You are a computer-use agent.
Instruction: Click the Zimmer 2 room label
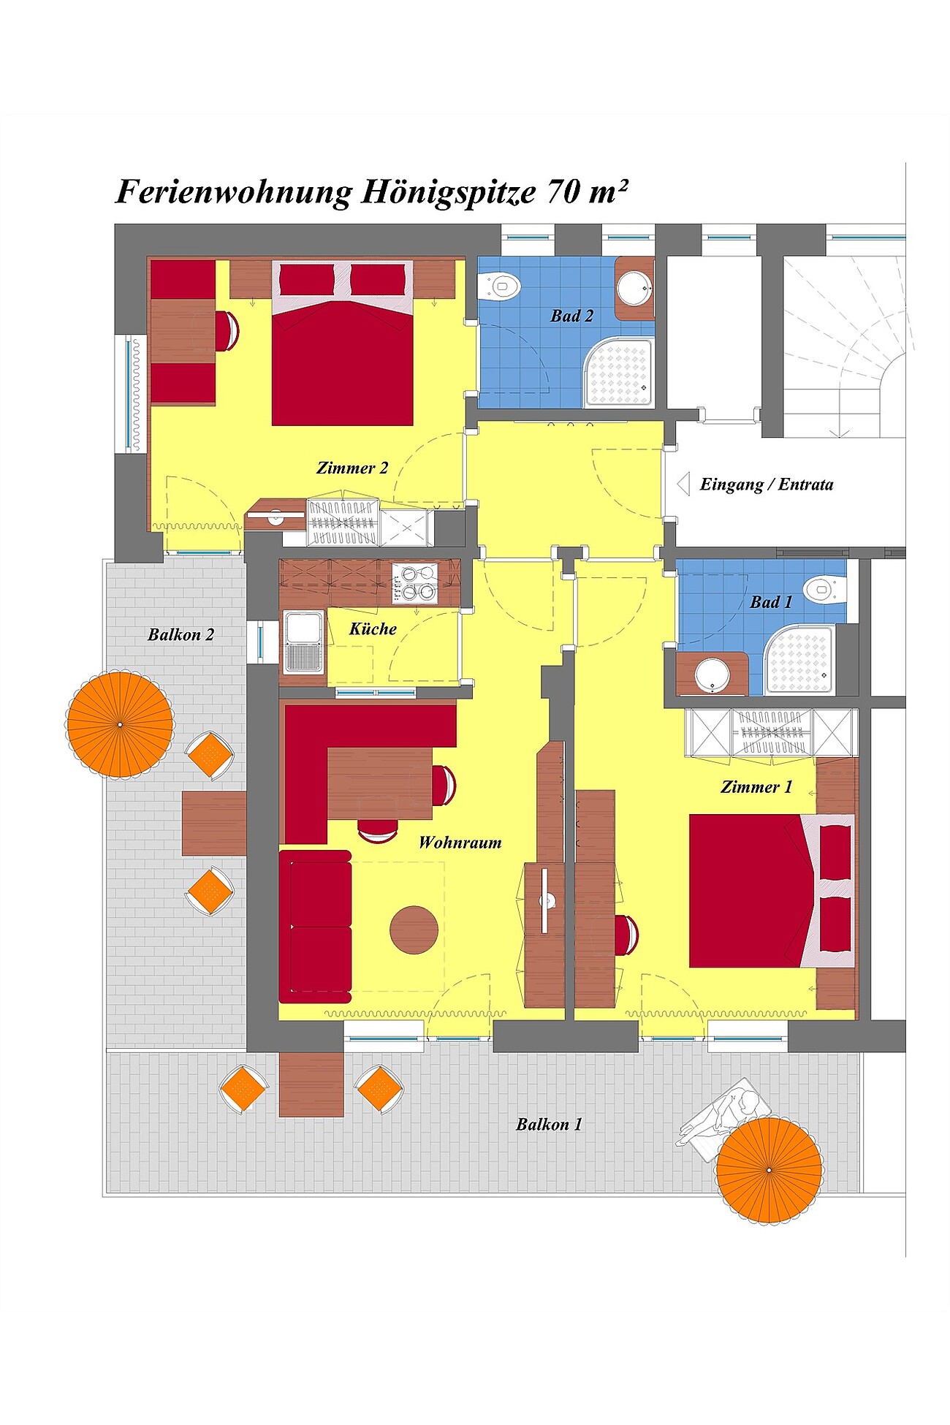tap(352, 468)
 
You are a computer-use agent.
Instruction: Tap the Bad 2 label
tap(571, 316)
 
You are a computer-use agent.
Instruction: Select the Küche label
tap(373, 628)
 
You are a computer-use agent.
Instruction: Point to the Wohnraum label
tap(460, 843)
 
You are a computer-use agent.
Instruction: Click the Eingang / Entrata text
tap(767, 484)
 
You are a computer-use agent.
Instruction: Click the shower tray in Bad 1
tap(799, 660)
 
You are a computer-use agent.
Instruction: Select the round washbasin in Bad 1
tap(712, 674)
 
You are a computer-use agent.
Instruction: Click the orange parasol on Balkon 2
tap(120, 724)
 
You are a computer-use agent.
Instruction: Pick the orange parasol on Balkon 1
tap(769, 1169)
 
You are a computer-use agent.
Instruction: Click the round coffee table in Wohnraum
tap(414, 930)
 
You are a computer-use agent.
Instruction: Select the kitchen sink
tap(303, 642)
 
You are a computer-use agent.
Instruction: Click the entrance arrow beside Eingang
tap(683, 484)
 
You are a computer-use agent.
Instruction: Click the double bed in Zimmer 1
tap(772, 891)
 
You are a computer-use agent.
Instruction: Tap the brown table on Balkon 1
tap(311, 1084)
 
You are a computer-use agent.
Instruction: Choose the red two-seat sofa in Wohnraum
tap(315, 927)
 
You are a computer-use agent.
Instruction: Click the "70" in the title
tap(563, 191)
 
